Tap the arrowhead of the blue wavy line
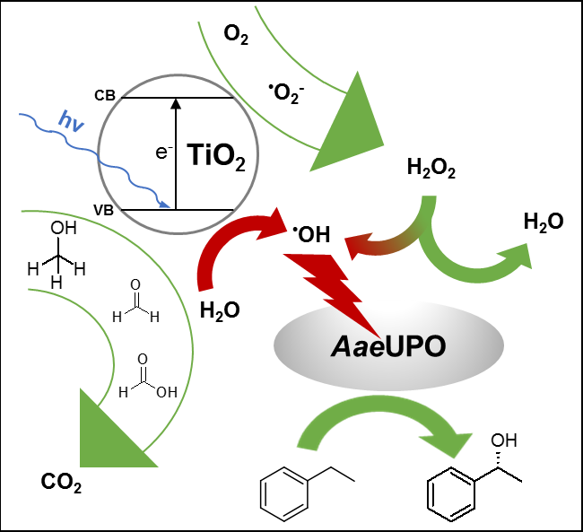(x=166, y=205)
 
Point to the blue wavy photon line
(x=99, y=158)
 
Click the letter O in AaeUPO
(x=432, y=346)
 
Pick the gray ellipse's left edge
(x=275, y=346)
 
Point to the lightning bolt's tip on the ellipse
(x=376, y=335)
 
